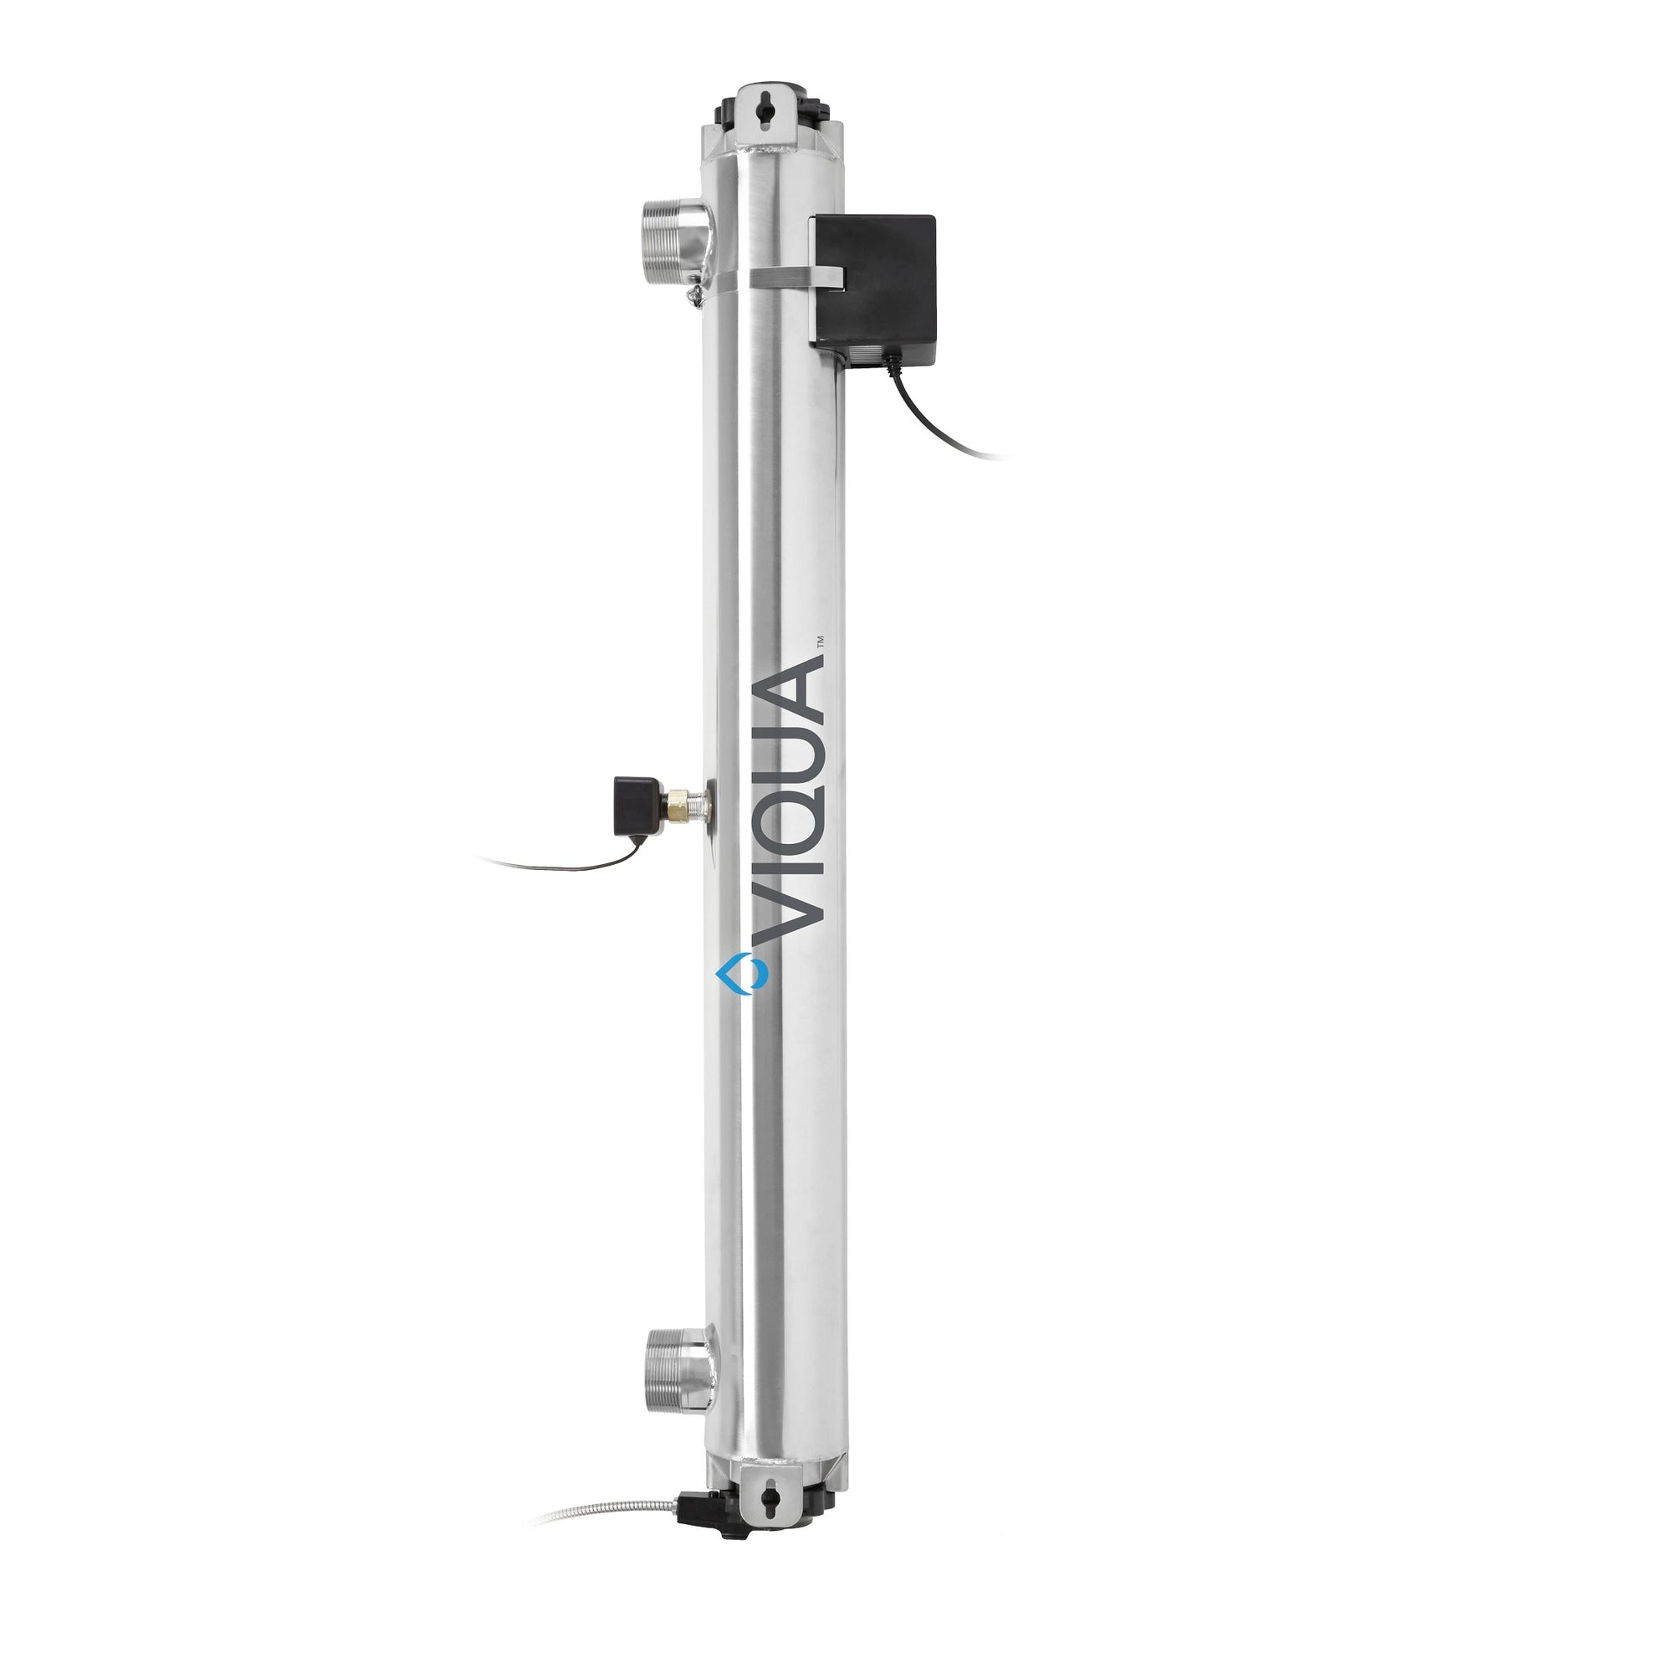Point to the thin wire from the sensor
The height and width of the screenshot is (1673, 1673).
555,866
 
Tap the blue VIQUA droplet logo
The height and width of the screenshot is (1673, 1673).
742,974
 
